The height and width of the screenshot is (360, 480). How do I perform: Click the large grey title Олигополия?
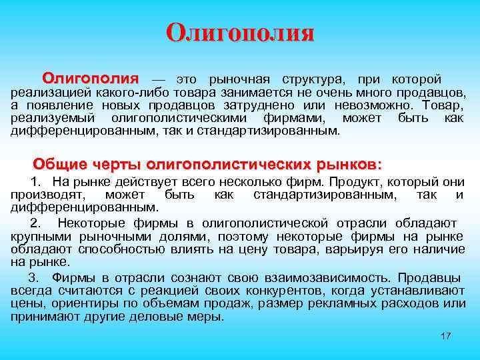(x=239, y=33)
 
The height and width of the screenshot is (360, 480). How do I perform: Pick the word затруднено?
(x=269, y=105)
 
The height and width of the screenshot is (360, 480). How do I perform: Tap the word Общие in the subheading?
(x=56, y=163)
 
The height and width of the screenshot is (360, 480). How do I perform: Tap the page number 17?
(x=446, y=335)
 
